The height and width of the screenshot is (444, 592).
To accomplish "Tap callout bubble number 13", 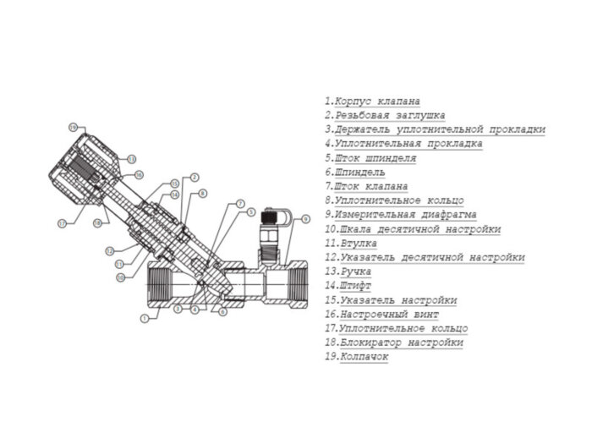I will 131,159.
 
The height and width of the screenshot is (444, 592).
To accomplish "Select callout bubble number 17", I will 61,224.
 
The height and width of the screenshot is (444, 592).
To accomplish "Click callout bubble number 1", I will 145,319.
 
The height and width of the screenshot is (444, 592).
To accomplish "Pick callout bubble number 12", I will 109,251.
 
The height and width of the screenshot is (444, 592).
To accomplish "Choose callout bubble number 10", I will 120,277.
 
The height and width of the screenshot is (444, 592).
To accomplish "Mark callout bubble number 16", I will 139,174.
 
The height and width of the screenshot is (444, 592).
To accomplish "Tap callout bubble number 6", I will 222,311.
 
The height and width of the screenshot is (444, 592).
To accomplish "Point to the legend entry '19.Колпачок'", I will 356,357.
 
